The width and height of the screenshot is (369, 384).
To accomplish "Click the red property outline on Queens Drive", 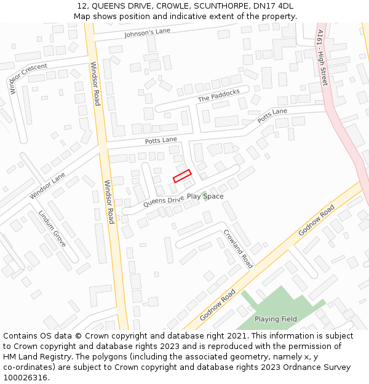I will click(x=182, y=176).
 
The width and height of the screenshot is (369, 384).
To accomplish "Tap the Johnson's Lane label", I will click(x=146, y=34).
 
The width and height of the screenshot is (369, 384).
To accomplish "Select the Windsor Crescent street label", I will click(x=28, y=78).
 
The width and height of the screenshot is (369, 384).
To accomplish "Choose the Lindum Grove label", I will click(x=52, y=229).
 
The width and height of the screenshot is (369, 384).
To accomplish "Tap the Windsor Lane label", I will click(x=47, y=186).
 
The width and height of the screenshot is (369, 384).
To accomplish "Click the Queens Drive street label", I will click(x=164, y=200).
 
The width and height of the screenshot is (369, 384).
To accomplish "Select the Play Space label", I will click(x=205, y=197).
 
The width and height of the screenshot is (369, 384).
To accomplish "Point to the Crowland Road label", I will click(x=238, y=249).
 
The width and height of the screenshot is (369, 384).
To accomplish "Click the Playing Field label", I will click(x=276, y=319).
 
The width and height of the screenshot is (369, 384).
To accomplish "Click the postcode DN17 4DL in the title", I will click(x=271, y=6).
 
